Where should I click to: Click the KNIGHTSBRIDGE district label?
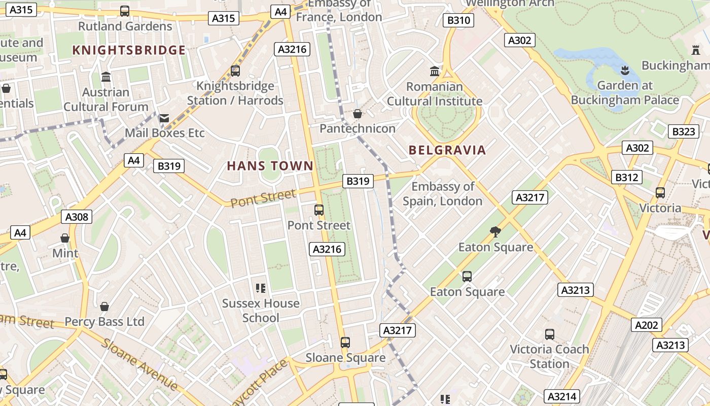(129, 50)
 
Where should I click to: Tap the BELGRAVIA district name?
(447, 150)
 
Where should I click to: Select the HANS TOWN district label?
(270, 166)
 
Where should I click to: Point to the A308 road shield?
(77, 217)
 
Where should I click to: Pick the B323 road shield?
(683, 131)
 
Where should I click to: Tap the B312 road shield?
(626, 177)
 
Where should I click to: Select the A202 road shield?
(647, 325)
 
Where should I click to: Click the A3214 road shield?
(561, 396)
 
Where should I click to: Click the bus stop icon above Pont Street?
(319, 210)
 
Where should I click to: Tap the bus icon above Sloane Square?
(345, 343)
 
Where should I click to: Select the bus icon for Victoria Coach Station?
(549, 334)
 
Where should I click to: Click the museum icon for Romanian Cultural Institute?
(435, 71)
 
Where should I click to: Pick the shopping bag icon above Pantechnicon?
(358, 114)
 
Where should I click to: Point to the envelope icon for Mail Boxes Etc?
(164, 118)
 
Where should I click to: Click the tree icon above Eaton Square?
(495, 232)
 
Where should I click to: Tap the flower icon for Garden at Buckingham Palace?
(625, 70)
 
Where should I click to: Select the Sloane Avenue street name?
(139, 364)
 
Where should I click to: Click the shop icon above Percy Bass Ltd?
(104, 307)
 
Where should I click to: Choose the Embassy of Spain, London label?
(442, 194)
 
